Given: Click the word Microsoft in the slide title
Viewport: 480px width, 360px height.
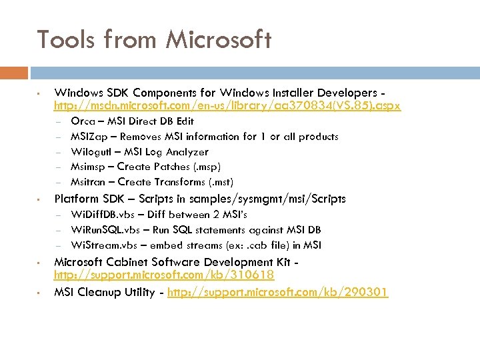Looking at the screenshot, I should point(219,40).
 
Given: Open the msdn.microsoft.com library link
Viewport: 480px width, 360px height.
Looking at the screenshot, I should point(227,106).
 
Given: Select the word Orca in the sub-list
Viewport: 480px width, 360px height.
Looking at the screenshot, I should point(82,121).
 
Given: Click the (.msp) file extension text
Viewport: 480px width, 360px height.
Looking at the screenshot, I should point(207,167).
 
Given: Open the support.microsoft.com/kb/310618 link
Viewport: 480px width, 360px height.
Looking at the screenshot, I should point(164,275).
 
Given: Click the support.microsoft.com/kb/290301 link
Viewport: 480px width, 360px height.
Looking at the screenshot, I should point(277,292).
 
